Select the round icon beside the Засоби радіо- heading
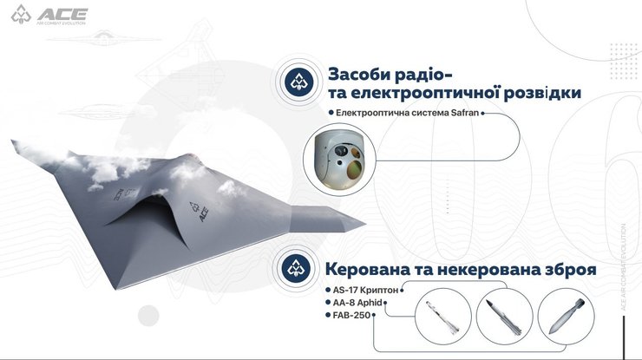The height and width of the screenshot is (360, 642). click(x=299, y=82)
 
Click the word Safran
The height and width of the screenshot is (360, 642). click(x=460, y=113)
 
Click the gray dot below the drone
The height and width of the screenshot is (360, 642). click(x=150, y=315)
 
